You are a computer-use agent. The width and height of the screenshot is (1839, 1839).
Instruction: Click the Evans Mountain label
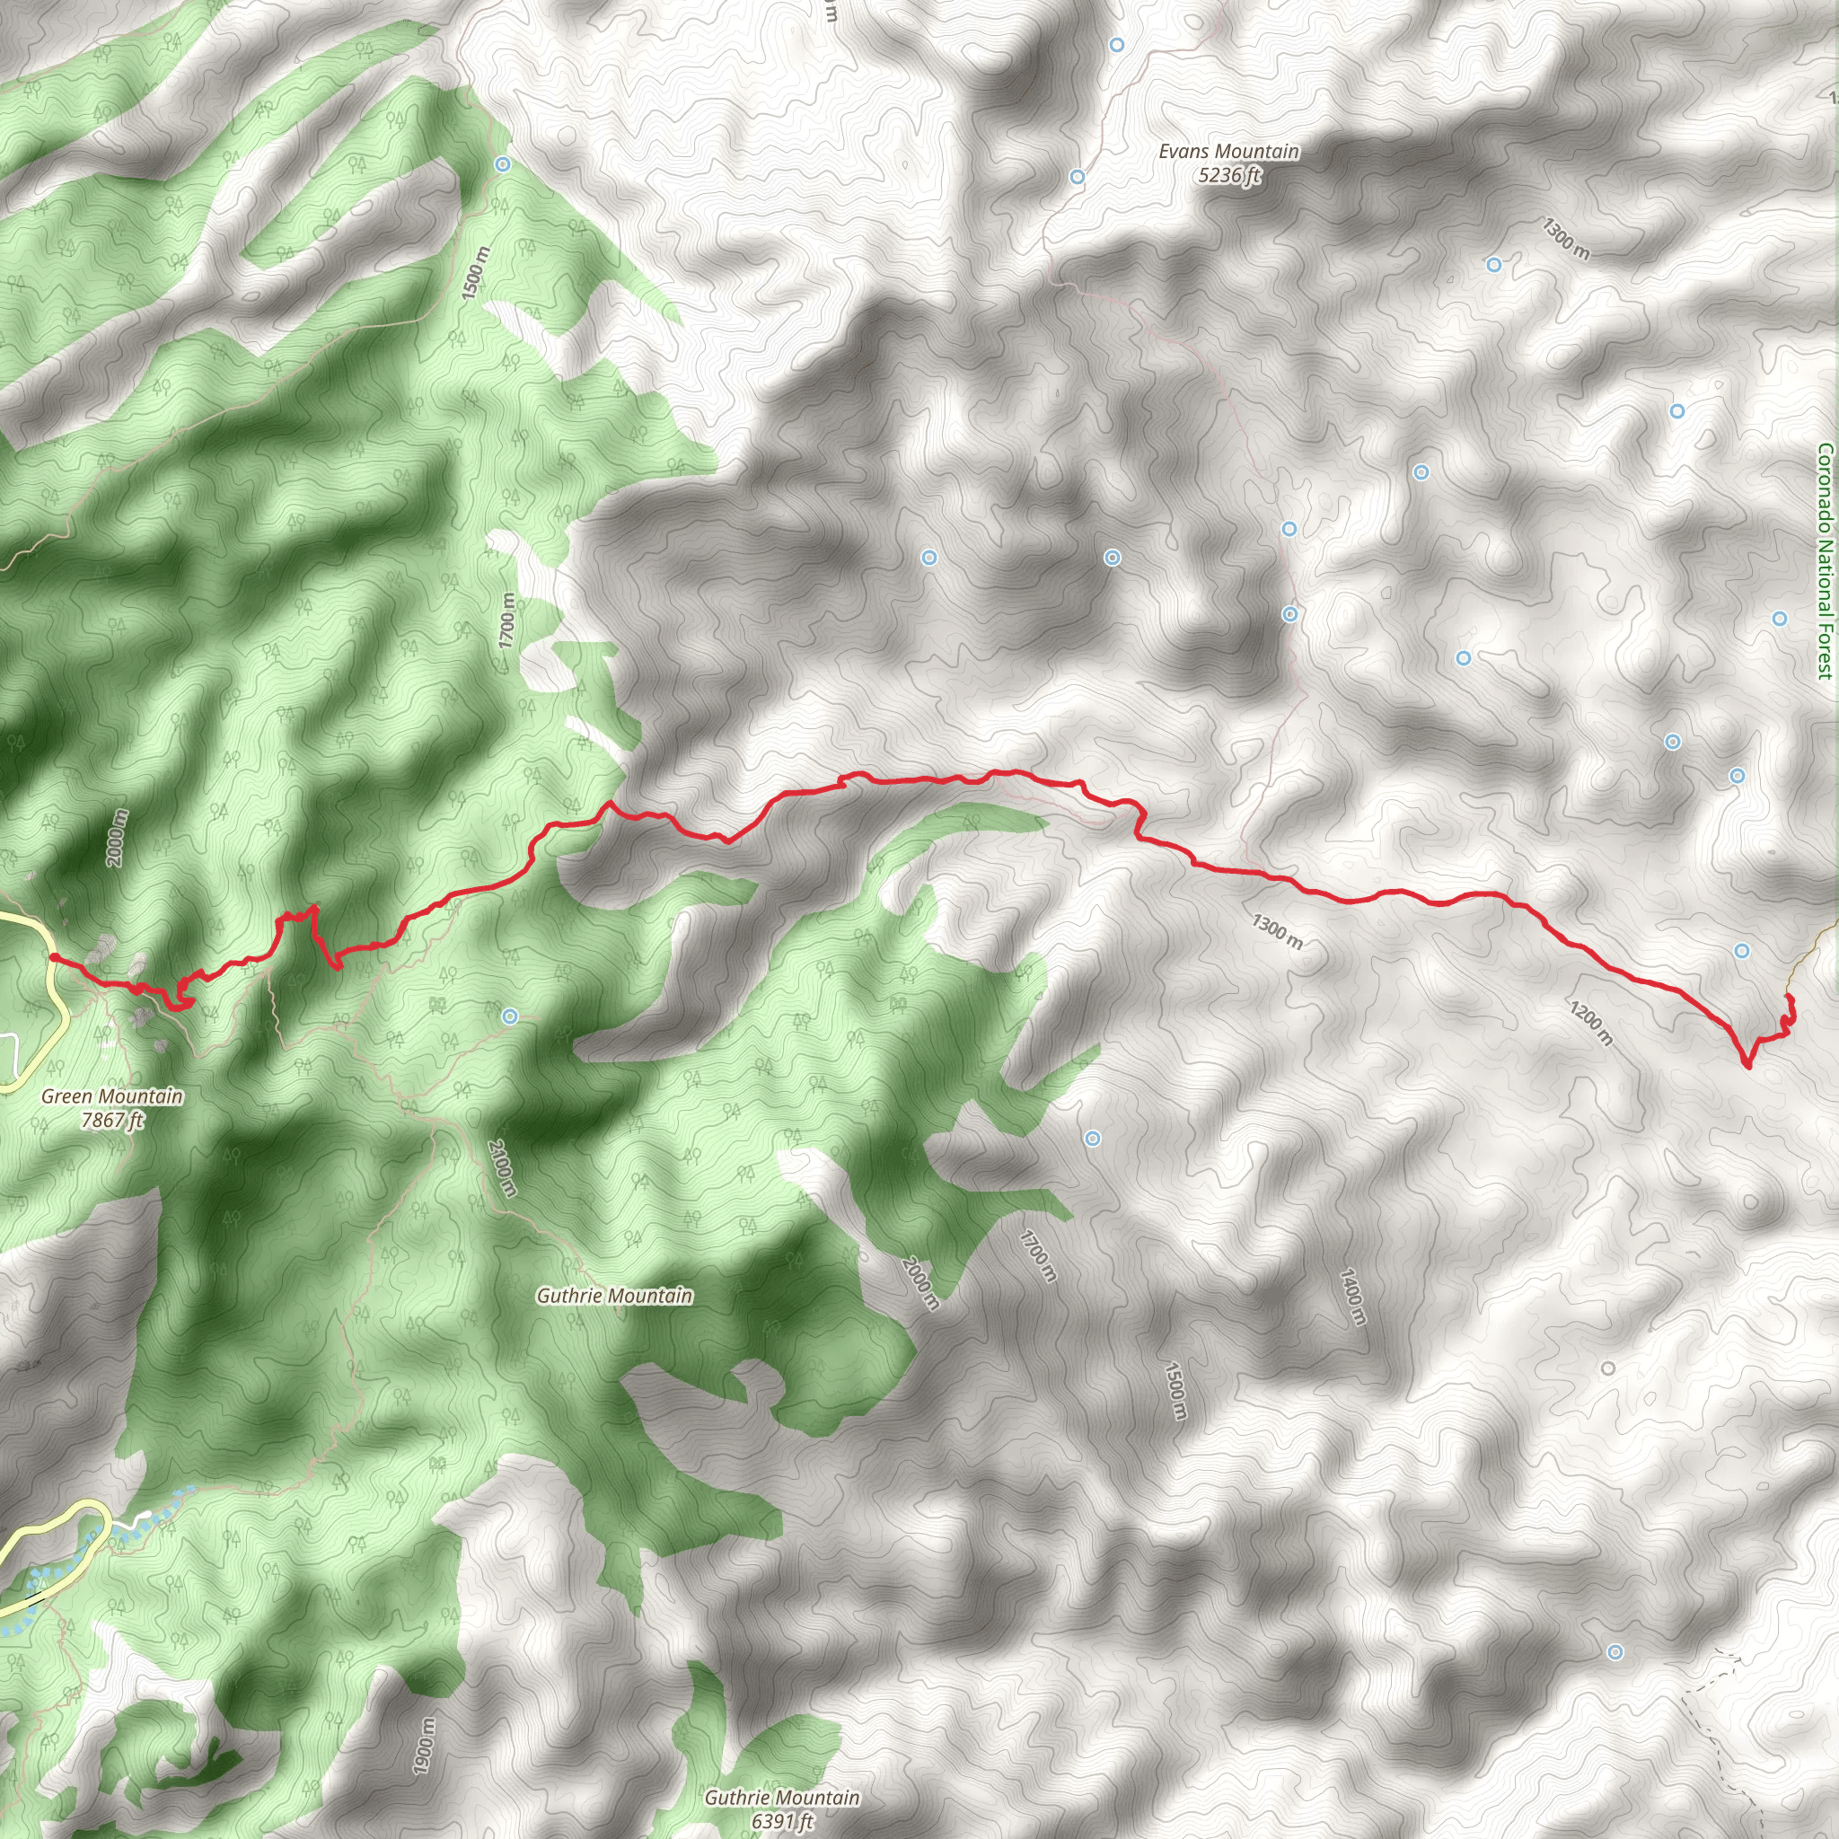pos(1227,152)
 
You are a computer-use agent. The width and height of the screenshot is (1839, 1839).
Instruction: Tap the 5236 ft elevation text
pos(1229,175)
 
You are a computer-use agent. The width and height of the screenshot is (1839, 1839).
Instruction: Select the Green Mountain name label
pos(111,1096)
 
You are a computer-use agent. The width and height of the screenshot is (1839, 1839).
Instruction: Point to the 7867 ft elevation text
pos(111,1121)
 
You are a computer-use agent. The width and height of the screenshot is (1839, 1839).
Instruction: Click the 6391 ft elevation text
pos(780,1822)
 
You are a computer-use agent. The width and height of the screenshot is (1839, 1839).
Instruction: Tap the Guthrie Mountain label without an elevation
pos(614,1296)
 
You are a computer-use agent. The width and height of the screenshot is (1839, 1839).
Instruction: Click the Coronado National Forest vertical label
pos(1824,561)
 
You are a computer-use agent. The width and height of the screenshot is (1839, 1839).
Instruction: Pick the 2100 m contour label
pos(502,1168)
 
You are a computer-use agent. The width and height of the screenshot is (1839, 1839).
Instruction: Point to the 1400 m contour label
pos(1352,1297)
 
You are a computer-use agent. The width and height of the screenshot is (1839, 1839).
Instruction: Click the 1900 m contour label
pos(425,1746)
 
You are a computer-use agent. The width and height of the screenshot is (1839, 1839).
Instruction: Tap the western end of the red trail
pos(53,956)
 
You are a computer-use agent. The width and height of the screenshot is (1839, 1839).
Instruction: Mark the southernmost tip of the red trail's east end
pos(1747,1066)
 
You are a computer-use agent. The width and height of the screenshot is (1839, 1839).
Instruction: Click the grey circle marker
pos(1607,1368)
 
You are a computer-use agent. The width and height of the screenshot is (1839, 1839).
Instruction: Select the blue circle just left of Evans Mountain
pos(1078,177)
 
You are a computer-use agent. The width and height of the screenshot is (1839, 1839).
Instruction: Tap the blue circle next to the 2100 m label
pos(510,1016)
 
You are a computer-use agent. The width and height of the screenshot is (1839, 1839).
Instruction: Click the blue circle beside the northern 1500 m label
pos(503,163)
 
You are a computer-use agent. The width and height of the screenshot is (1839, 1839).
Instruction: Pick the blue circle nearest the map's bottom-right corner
pos(1615,1679)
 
